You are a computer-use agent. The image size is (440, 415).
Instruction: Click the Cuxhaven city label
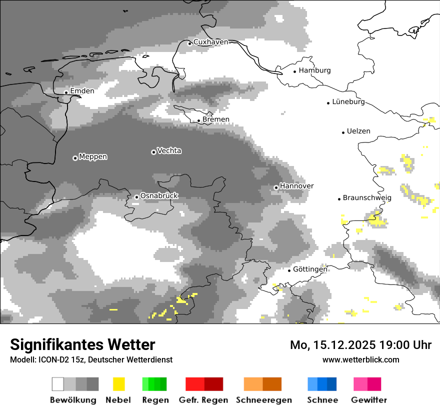click(210, 42)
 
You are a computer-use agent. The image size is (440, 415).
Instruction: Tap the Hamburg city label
click(314, 70)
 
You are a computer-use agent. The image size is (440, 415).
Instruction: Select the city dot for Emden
click(66, 92)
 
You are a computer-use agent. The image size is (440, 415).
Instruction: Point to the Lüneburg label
click(348, 102)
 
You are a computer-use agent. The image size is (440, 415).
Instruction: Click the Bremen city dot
click(198, 120)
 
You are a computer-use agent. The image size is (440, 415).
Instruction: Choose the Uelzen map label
click(358, 131)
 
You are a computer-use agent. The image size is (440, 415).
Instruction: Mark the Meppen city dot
click(75, 158)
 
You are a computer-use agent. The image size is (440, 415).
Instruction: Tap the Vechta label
click(169, 150)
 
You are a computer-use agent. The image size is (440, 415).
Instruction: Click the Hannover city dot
click(276, 187)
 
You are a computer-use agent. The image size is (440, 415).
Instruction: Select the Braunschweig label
click(367, 198)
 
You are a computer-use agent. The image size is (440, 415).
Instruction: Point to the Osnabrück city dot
click(136, 197)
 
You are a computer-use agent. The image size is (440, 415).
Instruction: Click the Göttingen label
click(310, 269)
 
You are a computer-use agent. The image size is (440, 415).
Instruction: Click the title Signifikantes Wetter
click(82, 344)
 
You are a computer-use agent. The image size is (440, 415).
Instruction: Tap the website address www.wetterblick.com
click(360, 359)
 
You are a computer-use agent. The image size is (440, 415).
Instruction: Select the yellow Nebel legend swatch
click(118, 384)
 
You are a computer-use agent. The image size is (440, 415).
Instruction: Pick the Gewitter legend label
click(369, 400)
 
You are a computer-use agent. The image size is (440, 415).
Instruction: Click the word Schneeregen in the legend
click(264, 400)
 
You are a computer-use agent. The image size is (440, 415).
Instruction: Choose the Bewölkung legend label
click(73, 400)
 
